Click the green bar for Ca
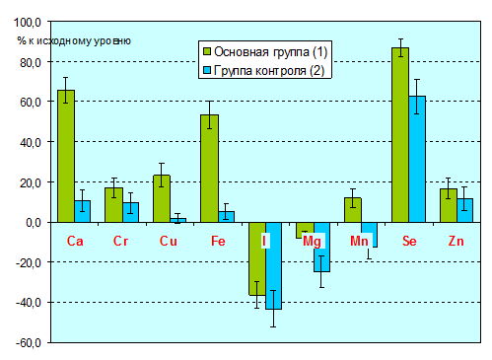pyautogui.click(x=66, y=156)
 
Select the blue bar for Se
pyautogui.click(x=417, y=159)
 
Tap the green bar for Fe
pyautogui.click(x=210, y=169)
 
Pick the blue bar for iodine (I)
pyautogui.click(x=274, y=265)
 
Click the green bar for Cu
pyautogui.click(x=162, y=198)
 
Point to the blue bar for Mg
pyautogui.click(x=321, y=247)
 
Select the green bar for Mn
pyautogui.click(x=353, y=210)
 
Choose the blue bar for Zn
pyautogui.click(x=464, y=210)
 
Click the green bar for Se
pyautogui.click(x=400, y=135)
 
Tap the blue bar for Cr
pyautogui.click(x=130, y=212)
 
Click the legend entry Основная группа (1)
pyautogui.click(x=265, y=51)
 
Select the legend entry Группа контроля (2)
pyautogui.click(x=263, y=70)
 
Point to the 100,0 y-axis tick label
pyautogui.click(x=28, y=23)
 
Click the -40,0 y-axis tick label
pyautogui.click(x=29, y=303)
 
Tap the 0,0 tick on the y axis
pyautogui.click(x=34, y=223)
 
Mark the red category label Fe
pyautogui.click(x=218, y=241)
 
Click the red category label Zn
pyautogui.click(x=456, y=241)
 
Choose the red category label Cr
pyautogui.click(x=120, y=241)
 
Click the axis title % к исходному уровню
pyautogui.click(x=74, y=40)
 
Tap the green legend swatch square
pyautogui.click(x=207, y=51)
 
